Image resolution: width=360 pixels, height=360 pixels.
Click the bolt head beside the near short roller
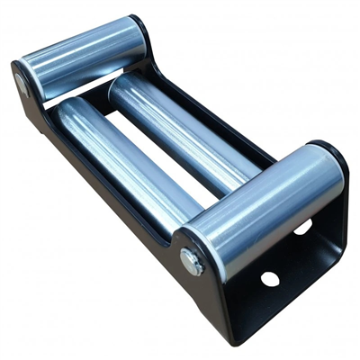[192, 262]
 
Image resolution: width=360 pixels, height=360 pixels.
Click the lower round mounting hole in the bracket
[270, 279]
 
